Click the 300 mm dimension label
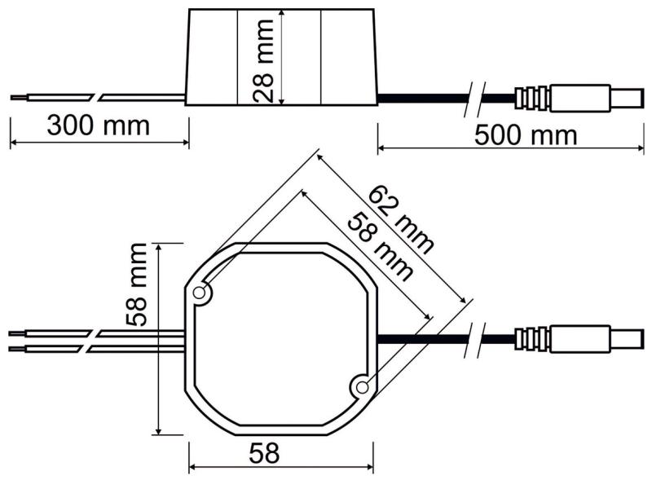click(98, 126)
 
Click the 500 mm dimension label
click(526, 134)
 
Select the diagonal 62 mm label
click(401, 218)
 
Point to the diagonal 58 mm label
click(380, 246)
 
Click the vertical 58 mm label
click(138, 284)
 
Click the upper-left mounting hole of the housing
click(199, 293)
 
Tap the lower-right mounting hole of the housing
click(360, 387)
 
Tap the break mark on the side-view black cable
click(476, 98)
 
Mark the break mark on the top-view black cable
click(477, 337)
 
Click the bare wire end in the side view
click(17, 98)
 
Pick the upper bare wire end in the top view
click(15, 333)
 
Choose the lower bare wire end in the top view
click(15, 349)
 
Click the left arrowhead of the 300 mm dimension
click(13, 143)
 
